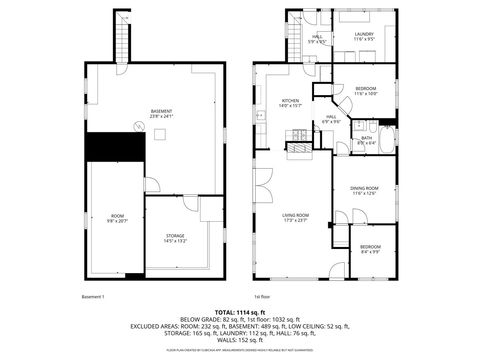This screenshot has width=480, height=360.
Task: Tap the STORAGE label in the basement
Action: pos(175,237)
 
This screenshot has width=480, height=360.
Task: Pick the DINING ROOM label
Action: pos(363,190)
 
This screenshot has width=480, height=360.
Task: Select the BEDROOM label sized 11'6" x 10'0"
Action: pos(365,91)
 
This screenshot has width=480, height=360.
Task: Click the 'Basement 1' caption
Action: pos(93,297)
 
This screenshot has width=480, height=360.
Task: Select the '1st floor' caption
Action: pos(264,297)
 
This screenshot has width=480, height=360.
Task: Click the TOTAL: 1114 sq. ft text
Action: pos(239,313)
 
